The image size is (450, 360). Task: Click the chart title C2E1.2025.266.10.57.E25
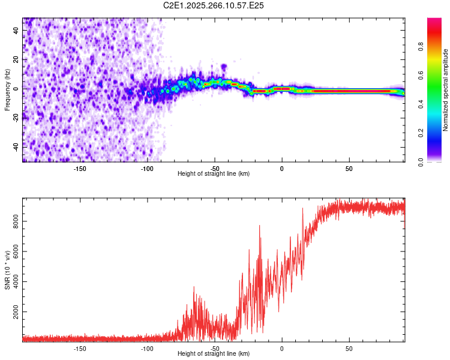point(213,5)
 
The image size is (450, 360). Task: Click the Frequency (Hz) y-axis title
point(7,90)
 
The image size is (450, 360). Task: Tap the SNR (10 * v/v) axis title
point(7,270)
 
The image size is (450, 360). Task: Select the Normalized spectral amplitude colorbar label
point(445,90)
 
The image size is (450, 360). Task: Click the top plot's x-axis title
point(214,173)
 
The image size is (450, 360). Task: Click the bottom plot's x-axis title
point(214,353)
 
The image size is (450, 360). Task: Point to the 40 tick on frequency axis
point(16,31)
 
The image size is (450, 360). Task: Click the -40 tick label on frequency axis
point(16,148)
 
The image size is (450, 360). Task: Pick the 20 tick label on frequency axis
point(16,60)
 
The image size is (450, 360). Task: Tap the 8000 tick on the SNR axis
point(16,221)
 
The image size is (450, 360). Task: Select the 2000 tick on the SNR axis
point(16,312)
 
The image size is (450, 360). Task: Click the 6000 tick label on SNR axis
point(16,251)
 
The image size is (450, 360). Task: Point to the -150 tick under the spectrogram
point(80,169)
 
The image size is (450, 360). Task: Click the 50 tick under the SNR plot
point(349,349)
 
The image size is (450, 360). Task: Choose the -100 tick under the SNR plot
point(147,349)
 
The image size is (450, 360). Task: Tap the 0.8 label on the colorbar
point(421,47)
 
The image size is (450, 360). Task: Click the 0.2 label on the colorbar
point(421,133)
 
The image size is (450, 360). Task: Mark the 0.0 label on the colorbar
point(421,162)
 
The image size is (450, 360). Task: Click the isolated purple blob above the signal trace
point(224,67)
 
